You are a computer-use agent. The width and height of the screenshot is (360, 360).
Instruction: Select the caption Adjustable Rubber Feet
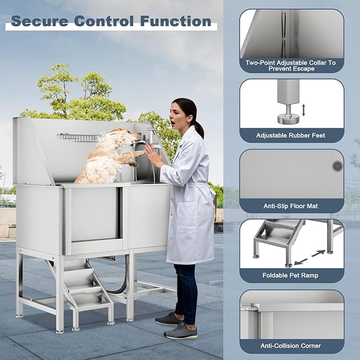click(x=291, y=136)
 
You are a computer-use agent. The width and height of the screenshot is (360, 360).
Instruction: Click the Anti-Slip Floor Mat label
click(x=291, y=205)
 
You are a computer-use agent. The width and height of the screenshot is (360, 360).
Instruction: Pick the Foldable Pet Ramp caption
click(x=291, y=275)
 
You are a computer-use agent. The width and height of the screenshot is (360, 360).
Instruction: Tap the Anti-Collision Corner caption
click(x=291, y=346)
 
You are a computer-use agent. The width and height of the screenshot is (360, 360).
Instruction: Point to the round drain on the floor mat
click(x=337, y=166)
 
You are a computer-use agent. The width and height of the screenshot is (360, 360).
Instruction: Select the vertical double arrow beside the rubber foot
click(x=303, y=110)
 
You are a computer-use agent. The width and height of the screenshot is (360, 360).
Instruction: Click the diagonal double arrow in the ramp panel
click(x=310, y=257)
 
